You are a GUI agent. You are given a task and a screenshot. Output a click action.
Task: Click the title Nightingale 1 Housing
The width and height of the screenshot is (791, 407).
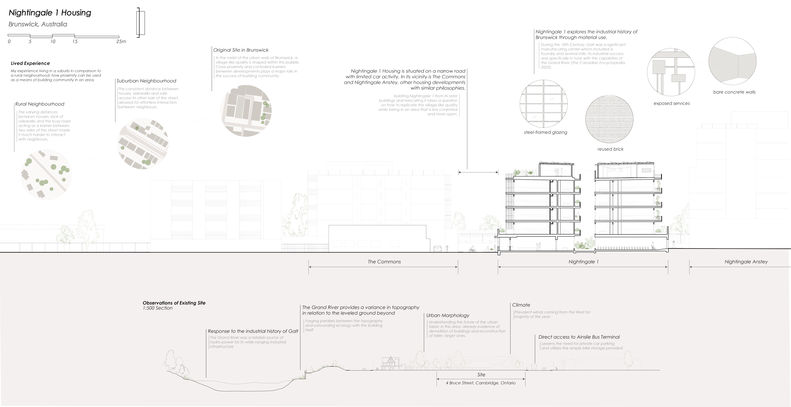coord(50,13)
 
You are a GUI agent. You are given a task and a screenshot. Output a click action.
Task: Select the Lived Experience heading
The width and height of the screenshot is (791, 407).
coord(30,63)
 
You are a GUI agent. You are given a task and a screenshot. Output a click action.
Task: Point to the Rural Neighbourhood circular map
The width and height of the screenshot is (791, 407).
coord(46,174)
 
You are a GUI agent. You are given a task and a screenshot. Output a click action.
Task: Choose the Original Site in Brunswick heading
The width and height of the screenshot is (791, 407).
coord(241,50)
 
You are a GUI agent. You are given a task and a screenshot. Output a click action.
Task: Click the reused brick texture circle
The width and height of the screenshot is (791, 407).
coord(609,120)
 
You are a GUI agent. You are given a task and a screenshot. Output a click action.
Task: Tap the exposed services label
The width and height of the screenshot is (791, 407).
coord(671,103)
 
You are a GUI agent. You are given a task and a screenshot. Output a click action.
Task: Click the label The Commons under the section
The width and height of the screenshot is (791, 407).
coord(384,262)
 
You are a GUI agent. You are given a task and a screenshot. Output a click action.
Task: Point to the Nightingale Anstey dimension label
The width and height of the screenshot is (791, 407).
coord(746,262)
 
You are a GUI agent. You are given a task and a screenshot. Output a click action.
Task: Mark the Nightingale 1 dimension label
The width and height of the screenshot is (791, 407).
coord(583,262)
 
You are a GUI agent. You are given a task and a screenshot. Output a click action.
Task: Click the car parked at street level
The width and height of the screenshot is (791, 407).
coord(438,248)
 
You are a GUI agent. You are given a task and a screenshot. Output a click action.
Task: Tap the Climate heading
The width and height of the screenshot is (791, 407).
coord(521,305)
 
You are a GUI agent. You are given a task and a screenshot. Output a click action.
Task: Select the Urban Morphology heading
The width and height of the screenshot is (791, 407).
coord(448,316)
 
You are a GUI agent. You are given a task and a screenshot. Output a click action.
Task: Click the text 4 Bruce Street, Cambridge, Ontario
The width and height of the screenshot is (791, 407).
coord(481,383)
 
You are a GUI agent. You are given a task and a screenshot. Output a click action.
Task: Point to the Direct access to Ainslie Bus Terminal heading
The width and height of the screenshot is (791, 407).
coord(579,337)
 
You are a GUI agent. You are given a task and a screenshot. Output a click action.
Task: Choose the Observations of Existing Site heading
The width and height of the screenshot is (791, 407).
coord(174,303)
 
